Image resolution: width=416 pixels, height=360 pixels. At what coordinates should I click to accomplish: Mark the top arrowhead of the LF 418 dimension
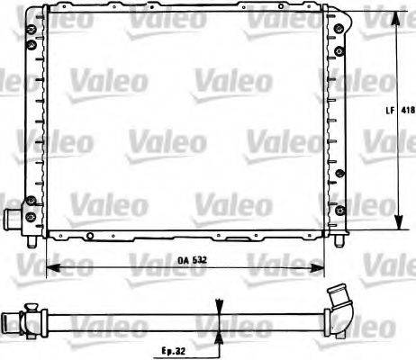tap(396, 16)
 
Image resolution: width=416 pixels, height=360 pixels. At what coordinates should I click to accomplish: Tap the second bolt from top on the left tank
tap(32, 45)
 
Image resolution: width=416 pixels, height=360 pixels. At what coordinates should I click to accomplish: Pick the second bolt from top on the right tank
tap(338, 45)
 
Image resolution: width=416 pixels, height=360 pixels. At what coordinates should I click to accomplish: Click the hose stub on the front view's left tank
tap(14, 219)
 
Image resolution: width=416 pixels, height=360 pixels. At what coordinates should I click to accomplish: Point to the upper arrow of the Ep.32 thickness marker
tap(217, 305)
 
